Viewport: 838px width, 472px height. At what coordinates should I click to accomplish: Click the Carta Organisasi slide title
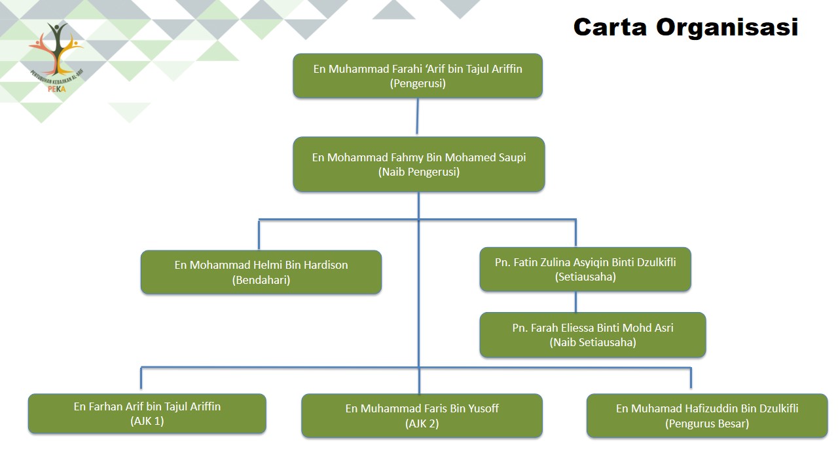(685, 27)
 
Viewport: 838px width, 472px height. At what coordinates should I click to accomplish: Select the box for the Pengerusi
(418, 76)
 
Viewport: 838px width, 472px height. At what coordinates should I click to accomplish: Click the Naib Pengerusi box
(419, 165)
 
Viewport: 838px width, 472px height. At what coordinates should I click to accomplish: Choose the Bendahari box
(261, 272)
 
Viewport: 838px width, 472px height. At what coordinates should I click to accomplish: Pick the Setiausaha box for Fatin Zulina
(585, 269)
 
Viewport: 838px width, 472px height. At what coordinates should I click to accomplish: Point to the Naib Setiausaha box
(592, 335)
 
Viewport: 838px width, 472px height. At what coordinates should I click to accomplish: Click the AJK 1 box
(147, 414)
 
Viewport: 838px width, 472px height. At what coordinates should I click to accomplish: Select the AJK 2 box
(422, 416)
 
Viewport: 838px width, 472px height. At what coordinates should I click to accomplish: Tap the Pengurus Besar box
(707, 416)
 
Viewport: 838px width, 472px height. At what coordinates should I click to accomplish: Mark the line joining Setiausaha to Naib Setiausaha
(576, 302)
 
